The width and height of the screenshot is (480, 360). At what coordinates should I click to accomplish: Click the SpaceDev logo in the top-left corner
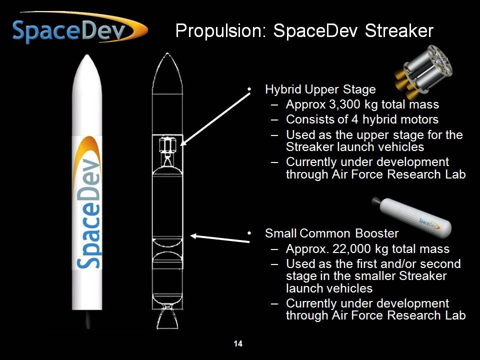tap(79, 28)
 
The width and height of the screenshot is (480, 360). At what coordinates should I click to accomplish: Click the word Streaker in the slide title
tap(399, 30)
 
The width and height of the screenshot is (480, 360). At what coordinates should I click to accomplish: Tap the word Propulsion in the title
tap(220, 31)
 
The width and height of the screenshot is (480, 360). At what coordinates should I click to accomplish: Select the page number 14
tap(238, 344)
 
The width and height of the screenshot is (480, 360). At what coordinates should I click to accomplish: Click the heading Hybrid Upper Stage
tap(320, 89)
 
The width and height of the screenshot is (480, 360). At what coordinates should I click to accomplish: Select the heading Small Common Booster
tap(331, 233)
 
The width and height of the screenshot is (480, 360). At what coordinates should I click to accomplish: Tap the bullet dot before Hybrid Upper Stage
tap(249, 89)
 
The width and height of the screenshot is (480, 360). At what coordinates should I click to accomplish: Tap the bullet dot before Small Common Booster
tap(249, 233)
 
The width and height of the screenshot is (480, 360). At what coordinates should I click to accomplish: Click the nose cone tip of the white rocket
tap(87, 55)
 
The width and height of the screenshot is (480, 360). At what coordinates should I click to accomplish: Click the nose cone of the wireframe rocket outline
tap(167, 73)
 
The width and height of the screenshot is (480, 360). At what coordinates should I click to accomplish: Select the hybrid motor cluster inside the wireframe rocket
tap(167, 145)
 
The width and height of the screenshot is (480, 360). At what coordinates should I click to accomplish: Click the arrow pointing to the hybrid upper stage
tap(215, 119)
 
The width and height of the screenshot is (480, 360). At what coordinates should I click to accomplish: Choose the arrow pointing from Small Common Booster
tap(220, 238)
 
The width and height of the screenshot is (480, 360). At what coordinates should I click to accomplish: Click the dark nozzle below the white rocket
tap(88, 319)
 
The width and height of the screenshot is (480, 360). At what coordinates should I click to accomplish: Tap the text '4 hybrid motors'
tap(394, 119)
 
